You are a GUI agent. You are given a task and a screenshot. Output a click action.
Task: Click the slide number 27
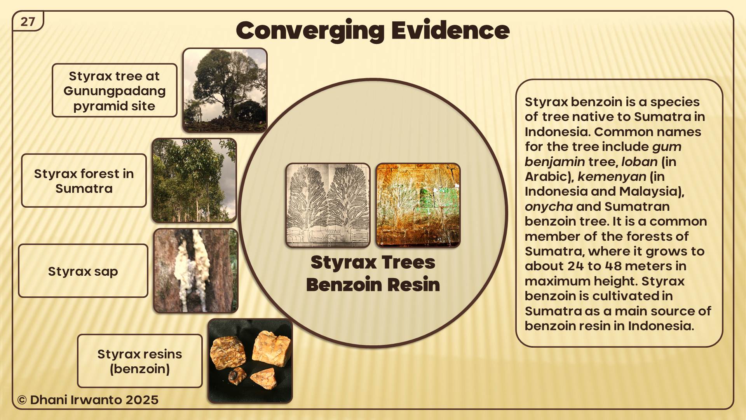(x=28, y=21)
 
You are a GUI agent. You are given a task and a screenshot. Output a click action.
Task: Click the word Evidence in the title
(x=450, y=30)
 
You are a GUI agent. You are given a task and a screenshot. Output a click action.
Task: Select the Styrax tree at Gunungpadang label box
(x=115, y=90)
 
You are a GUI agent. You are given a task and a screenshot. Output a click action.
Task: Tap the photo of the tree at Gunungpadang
(x=225, y=90)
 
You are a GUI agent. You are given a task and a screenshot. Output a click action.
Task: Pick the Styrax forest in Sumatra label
(x=84, y=180)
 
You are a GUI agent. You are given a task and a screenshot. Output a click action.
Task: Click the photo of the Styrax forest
(x=194, y=180)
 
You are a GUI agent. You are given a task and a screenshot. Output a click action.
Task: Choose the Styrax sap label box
(x=83, y=271)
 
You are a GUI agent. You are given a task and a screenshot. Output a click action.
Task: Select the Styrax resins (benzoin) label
(x=140, y=361)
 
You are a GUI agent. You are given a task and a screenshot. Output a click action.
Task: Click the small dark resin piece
(x=237, y=376)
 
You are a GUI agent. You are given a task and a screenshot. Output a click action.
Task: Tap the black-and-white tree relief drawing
(x=328, y=205)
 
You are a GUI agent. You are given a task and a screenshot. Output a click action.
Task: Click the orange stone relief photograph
(x=418, y=205)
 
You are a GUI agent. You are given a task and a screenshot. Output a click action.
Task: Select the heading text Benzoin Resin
(x=373, y=284)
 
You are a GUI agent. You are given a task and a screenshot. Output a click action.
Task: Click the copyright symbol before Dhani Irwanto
(x=22, y=400)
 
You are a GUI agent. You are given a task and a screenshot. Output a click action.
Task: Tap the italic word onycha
(x=549, y=206)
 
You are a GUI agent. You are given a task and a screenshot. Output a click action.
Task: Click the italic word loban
(x=639, y=162)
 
